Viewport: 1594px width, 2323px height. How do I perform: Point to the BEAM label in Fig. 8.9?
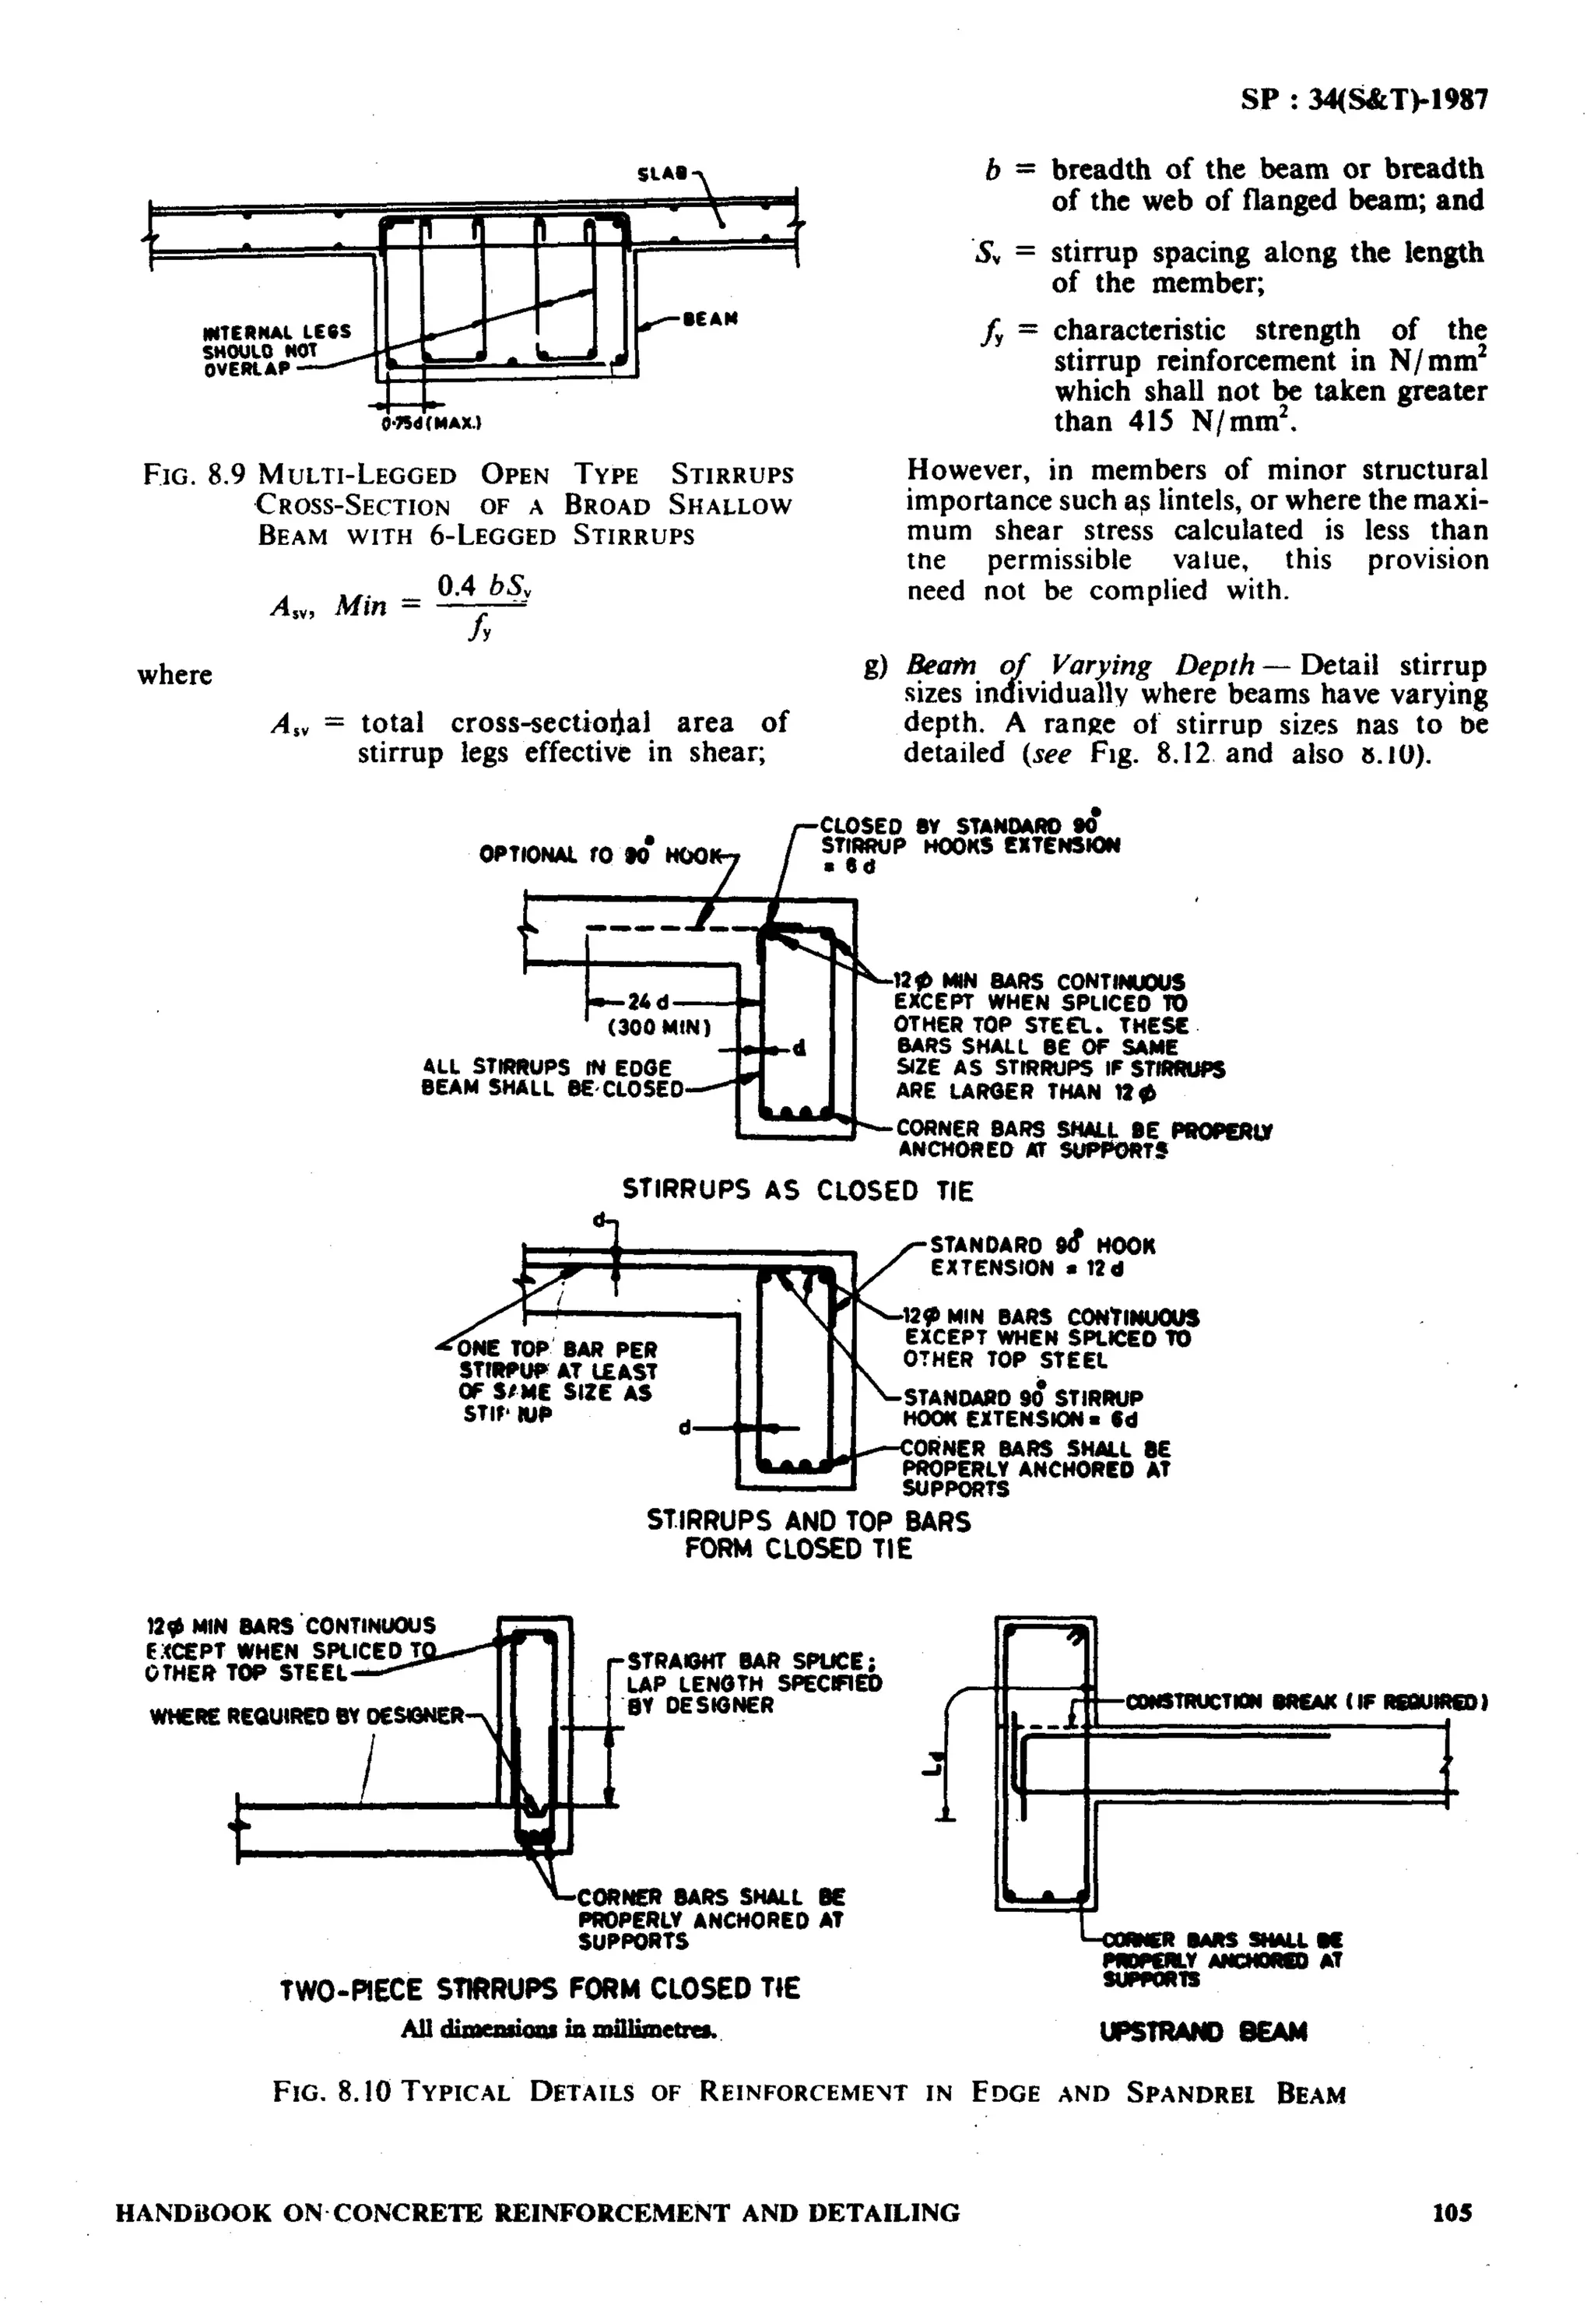pos(711,320)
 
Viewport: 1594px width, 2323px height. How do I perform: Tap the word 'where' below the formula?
pos(175,675)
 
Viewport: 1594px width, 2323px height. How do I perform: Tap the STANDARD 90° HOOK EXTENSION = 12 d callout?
pos(1041,1256)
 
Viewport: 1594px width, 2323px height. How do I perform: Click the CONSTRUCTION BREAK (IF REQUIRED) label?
pos(1306,1700)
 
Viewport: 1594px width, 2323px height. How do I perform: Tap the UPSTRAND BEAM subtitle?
pos(1203,2032)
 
